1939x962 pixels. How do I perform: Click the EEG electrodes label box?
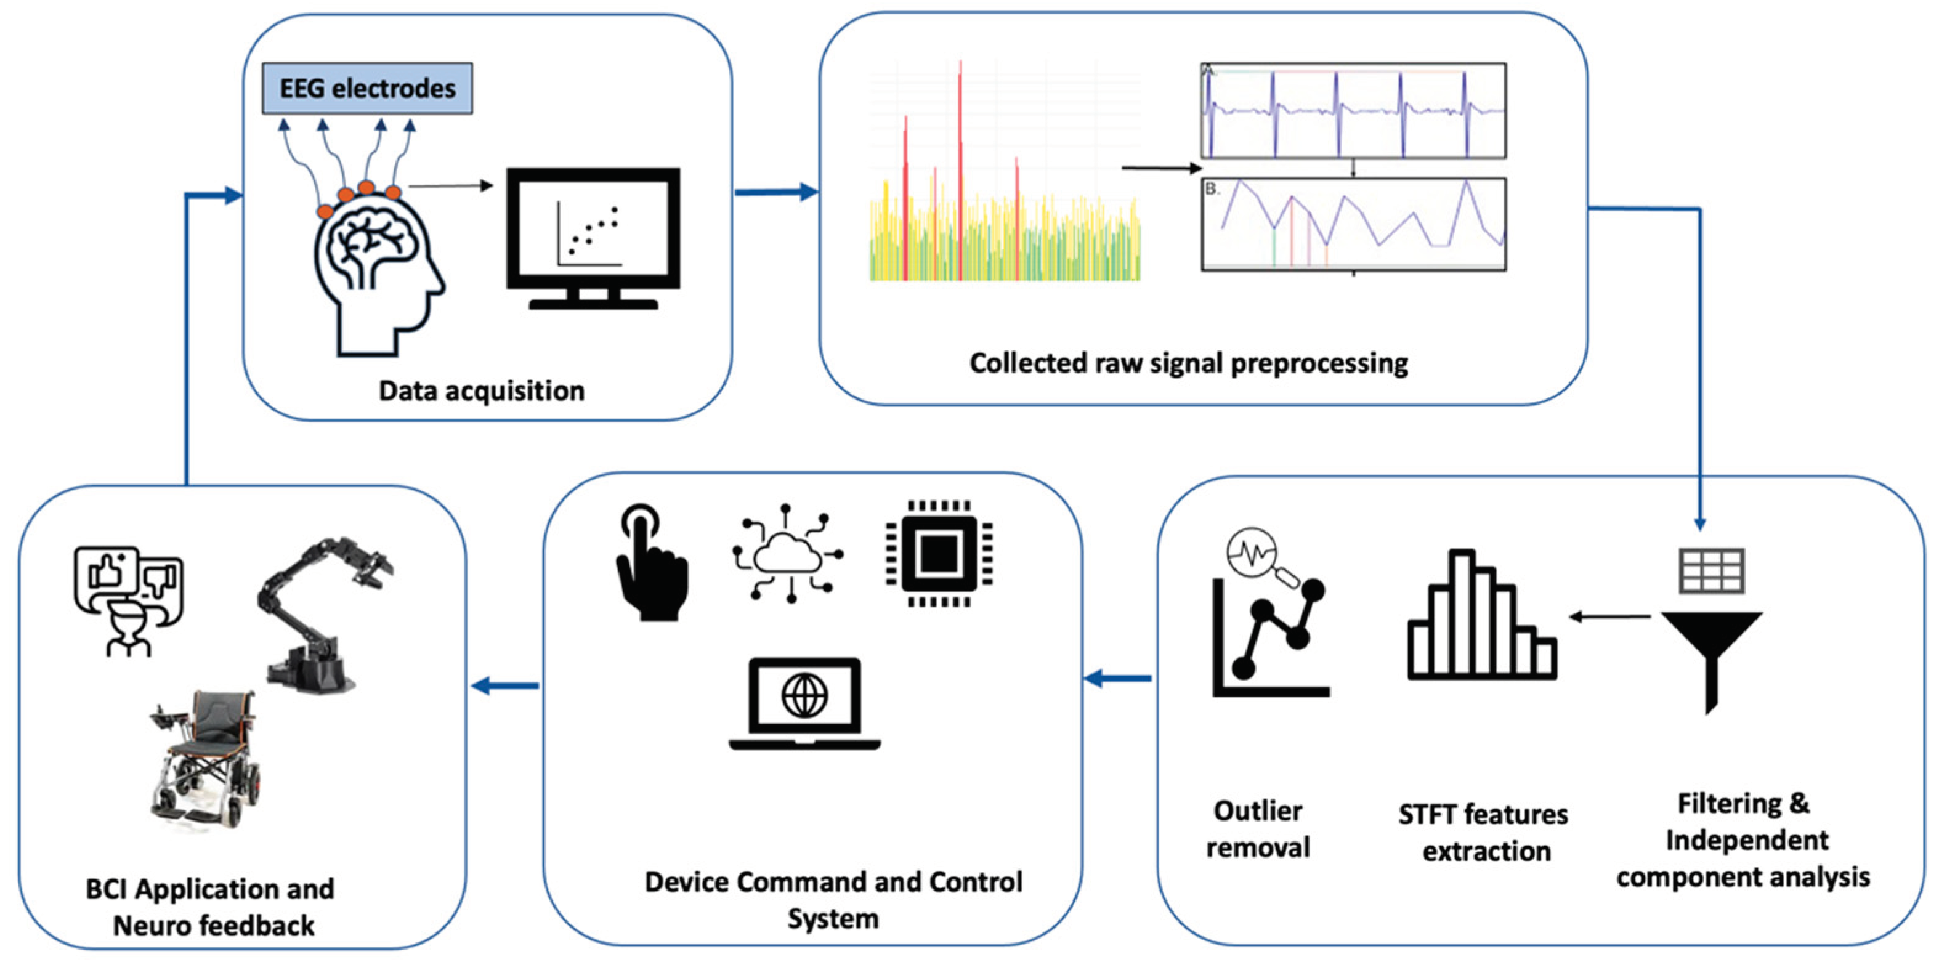[x=367, y=89]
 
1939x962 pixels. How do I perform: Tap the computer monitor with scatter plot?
[x=593, y=237]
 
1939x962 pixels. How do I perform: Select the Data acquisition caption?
[x=481, y=390]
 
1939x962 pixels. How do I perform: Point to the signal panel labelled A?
[x=1353, y=111]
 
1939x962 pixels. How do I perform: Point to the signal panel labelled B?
[x=1353, y=224]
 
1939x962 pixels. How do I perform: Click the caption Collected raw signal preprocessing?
[x=1188, y=363]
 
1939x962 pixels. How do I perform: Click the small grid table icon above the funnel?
[x=1712, y=570]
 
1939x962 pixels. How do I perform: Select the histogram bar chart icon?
[x=1481, y=617]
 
